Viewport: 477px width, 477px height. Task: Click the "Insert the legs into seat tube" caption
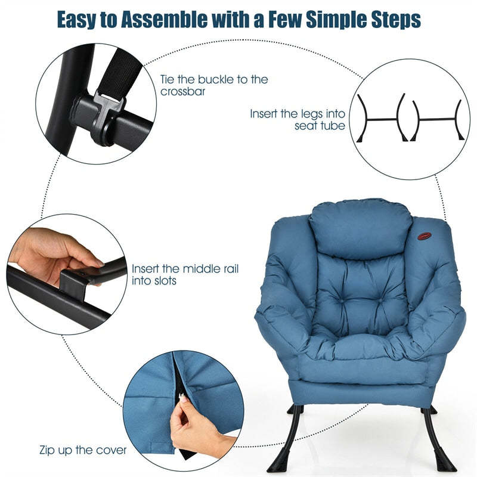coord(297,119)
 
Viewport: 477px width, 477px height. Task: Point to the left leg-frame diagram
coord(381,119)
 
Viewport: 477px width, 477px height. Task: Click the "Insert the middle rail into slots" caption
coord(185,274)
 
